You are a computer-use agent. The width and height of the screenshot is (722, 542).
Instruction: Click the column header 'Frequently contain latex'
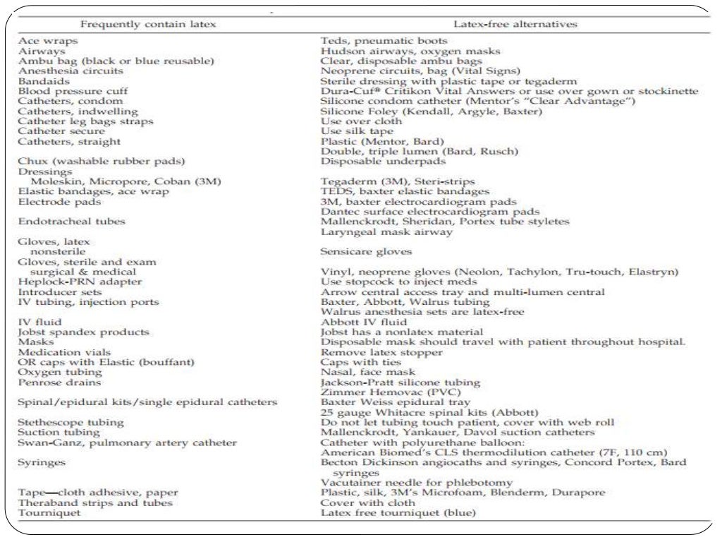148,24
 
